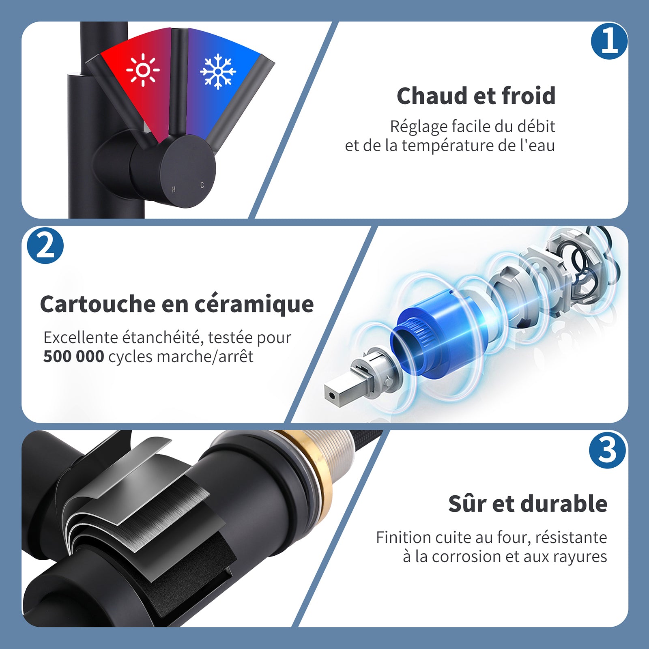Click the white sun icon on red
(143, 70)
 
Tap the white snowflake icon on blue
(218, 71)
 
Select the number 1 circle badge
(609, 41)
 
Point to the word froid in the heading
(528, 96)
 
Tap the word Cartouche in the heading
(98, 304)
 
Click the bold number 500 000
(73, 357)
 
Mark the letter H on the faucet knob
(174, 189)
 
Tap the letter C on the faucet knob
(202, 185)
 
